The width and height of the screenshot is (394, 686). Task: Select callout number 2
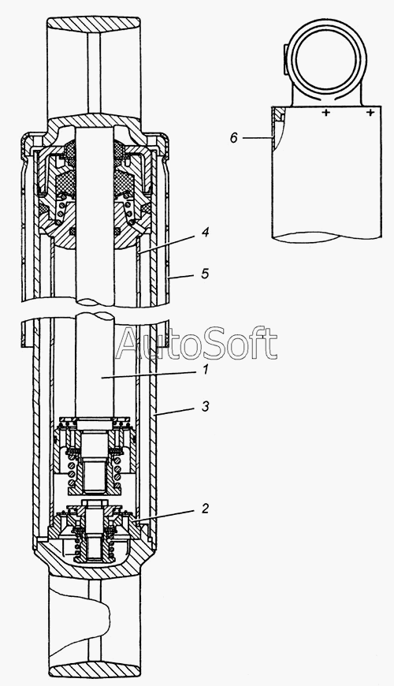205,508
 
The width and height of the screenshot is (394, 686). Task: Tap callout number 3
205,406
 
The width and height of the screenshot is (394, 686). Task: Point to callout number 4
205,232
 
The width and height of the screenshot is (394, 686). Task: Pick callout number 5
205,274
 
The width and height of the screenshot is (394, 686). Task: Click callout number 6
234,138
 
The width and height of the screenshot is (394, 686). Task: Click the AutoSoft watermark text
196,344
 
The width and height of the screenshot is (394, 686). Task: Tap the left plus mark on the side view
325,113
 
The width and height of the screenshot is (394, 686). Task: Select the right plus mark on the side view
370,113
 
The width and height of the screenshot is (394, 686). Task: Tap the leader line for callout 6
258,138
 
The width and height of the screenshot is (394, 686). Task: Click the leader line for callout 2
166,514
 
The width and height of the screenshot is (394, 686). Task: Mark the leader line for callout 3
177,410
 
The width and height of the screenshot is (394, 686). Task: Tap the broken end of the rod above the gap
95,302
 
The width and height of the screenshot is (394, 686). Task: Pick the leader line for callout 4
169,243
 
